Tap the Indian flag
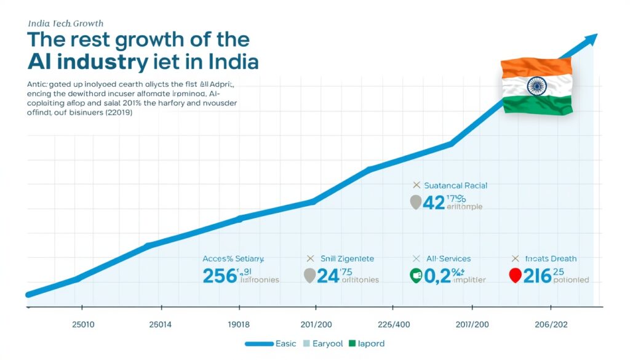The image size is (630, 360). coord(536,85)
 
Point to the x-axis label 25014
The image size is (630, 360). coord(161,324)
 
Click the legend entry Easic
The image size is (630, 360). coord(285,343)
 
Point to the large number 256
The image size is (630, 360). coord(220,276)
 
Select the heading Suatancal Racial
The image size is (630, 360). coord(450,185)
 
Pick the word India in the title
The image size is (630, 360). coord(226,63)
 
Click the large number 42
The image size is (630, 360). coord(434,203)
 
